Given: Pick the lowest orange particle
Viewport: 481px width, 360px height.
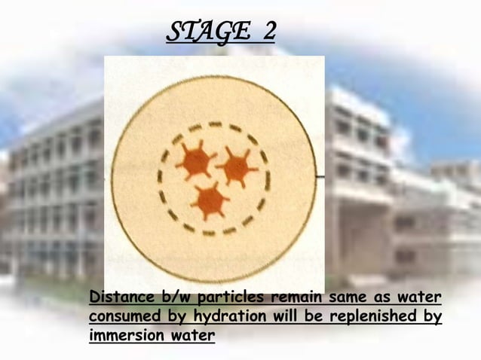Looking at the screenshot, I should click(x=210, y=200).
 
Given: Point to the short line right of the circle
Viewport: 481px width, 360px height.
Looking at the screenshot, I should click(x=320, y=176).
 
